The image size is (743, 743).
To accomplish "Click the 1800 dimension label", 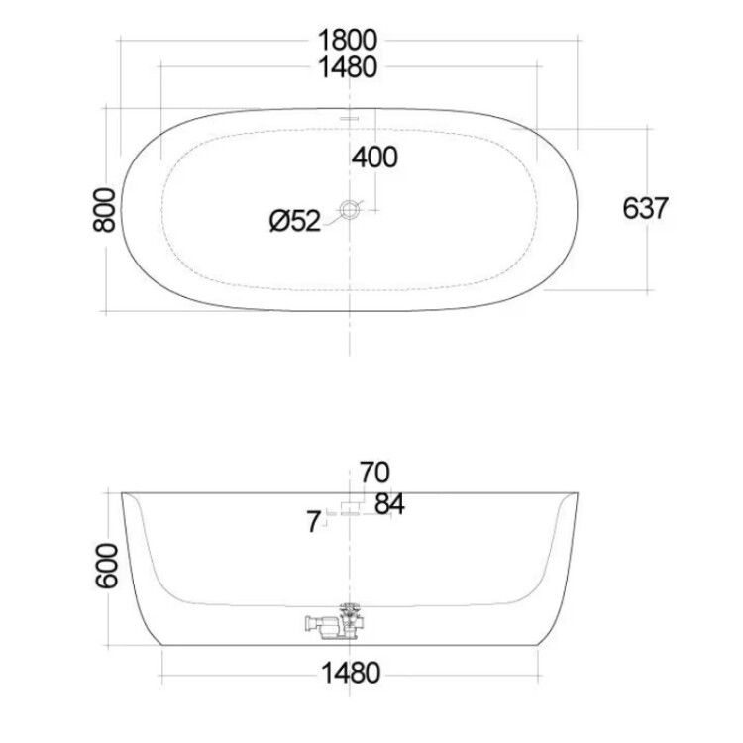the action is tap(348, 40).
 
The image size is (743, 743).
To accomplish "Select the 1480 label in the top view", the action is tap(348, 66).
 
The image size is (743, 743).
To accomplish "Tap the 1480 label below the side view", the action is tap(351, 673).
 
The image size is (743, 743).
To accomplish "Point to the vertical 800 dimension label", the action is tap(104, 210).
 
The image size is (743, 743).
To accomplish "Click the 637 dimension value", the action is tap(645, 208).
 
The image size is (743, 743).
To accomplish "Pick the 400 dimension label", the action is tap(374, 157).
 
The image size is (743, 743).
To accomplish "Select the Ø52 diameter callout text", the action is tap(295, 221).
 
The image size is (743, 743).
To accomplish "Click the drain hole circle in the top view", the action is tap(349, 210).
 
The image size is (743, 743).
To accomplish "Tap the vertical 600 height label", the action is tap(107, 566).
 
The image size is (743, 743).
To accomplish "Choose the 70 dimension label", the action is tap(374, 472).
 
